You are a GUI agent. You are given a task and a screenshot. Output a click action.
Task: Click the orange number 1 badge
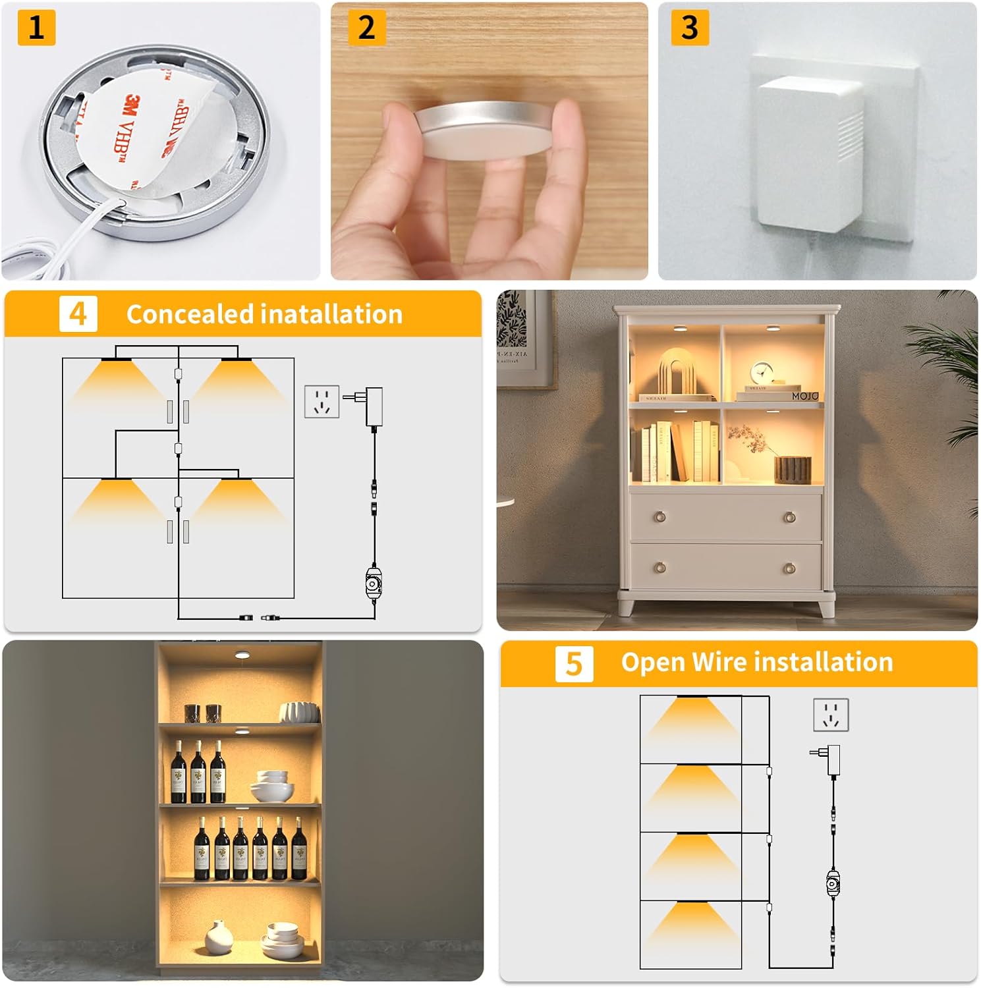(36, 28)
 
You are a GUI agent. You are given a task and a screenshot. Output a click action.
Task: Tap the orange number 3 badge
(689, 28)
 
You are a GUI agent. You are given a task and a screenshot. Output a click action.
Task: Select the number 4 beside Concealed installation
(78, 314)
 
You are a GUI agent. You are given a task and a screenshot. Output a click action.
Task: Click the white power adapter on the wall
(810, 155)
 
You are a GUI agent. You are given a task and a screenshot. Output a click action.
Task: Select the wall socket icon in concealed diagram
(322, 402)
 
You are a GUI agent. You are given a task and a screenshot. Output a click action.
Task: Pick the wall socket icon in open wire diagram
(831, 715)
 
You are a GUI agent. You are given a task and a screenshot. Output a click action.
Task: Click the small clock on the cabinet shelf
(763, 373)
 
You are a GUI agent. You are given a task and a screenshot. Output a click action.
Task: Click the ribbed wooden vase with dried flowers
(791, 468)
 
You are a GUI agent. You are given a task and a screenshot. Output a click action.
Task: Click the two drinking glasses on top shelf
(202, 713)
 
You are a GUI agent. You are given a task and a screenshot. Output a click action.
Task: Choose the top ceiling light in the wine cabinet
(242, 655)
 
